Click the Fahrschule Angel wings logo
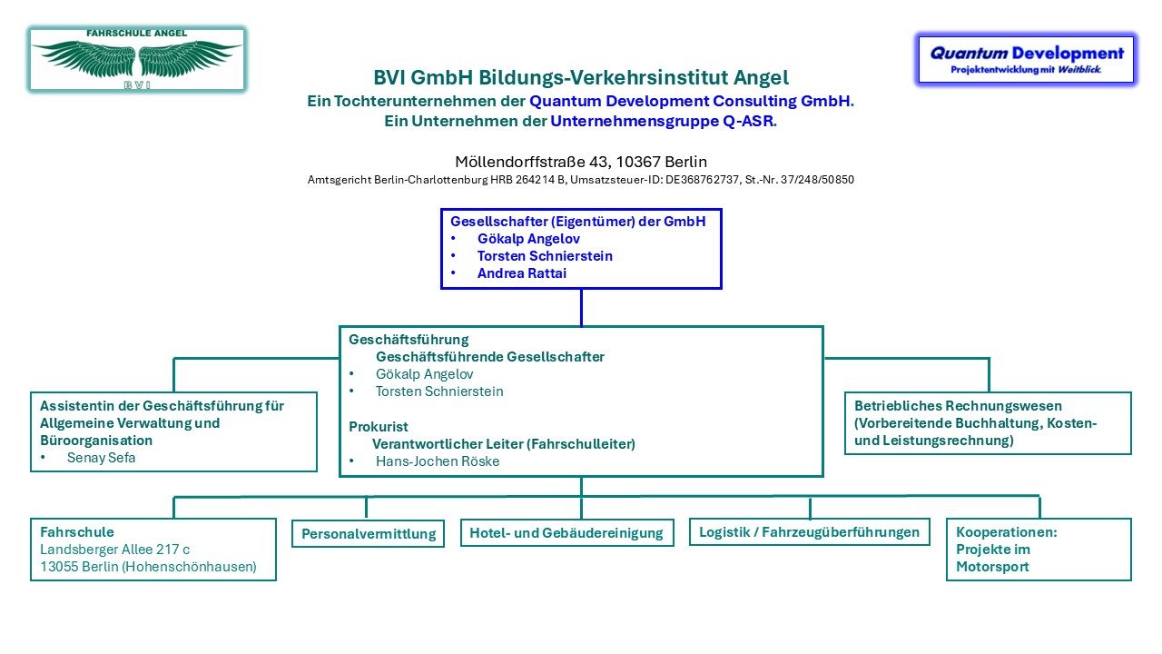(137, 59)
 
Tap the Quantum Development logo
(1026, 59)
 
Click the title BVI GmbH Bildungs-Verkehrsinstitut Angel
(581, 78)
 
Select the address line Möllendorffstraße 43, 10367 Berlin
(581, 162)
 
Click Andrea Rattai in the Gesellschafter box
(521, 272)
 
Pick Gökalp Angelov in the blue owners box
(528, 239)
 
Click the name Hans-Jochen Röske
(438, 461)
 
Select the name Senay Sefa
(101, 458)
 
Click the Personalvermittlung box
(369, 534)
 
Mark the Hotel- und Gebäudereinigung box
(566, 532)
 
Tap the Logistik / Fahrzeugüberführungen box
(809, 531)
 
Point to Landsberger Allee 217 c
(114, 550)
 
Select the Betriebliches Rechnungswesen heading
(958, 406)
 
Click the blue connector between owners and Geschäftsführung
(581, 307)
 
